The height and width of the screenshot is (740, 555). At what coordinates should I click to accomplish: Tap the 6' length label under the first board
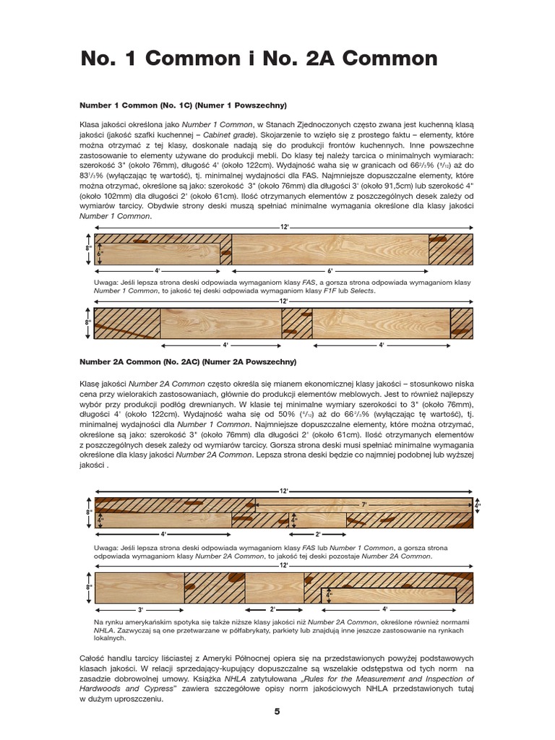pos(330,270)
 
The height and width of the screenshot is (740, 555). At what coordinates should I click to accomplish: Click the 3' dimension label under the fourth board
pos(141,610)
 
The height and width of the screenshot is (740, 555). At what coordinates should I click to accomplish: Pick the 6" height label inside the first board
pos(100,253)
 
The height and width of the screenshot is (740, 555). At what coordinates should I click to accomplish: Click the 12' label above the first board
pos(284,227)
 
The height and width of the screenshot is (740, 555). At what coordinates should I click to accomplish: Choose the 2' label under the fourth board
pos(273,610)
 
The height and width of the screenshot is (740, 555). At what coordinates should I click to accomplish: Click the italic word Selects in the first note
pos(363,290)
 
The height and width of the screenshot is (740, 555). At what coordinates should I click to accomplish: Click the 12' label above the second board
pos(284,301)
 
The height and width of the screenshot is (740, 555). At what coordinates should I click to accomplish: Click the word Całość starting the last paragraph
pos(95,658)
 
